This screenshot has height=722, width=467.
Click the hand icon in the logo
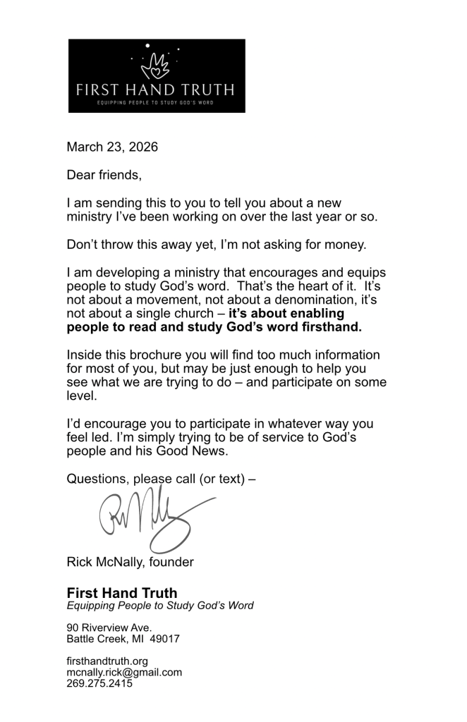coord(157,66)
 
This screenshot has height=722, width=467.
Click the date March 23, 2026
coord(112,147)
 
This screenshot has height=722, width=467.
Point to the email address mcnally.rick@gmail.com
coord(124,672)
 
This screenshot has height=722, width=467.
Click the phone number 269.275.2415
coord(99,683)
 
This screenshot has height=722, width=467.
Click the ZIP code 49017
coord(165,640)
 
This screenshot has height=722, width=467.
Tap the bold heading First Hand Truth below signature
coord(122,593)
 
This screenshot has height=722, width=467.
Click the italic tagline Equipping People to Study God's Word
coord(160,606)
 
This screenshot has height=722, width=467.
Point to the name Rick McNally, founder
coord(130,562)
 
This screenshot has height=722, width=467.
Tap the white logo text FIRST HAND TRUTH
coord(156,90)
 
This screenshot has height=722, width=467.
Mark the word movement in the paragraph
coord(169,299)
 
